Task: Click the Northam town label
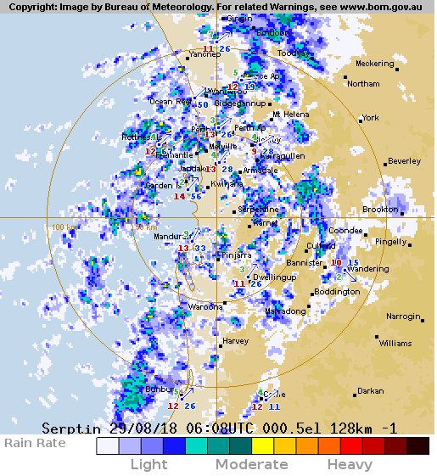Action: pyautogui.click(x=363, y=84)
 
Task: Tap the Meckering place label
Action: pyautogui.click(x=374, y=64)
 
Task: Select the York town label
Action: pyautogui.click(x=370, y=118)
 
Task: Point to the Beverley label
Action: pyautogui.click(x=404, y=161)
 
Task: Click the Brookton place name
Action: pyautogui.click(x=380, y=209)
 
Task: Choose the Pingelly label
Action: pyautogui.click(x=391, y=242)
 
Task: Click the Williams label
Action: pyautogui.click(x=395, y=344)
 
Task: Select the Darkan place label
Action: pyautogui.click(x=370, y=391)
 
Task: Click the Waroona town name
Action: pyautogui.click(x=205, y=306)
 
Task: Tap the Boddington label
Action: pyautogui.click(x=337, y=292)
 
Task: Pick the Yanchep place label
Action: pyautogui.click(x=204, y=54)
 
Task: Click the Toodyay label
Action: pyautogui.click(x=294, y=53)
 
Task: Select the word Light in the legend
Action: pyautogui.click(x=148, y=464)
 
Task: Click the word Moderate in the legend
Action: pyautogui.click(x=251, y=464)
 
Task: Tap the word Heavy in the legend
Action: pyautogui.click(x=350, y=464)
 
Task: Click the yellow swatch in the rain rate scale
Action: pyautogui.click(x=262, y=446)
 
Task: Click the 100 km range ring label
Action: pyautogui.click(x=63, y=227)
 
